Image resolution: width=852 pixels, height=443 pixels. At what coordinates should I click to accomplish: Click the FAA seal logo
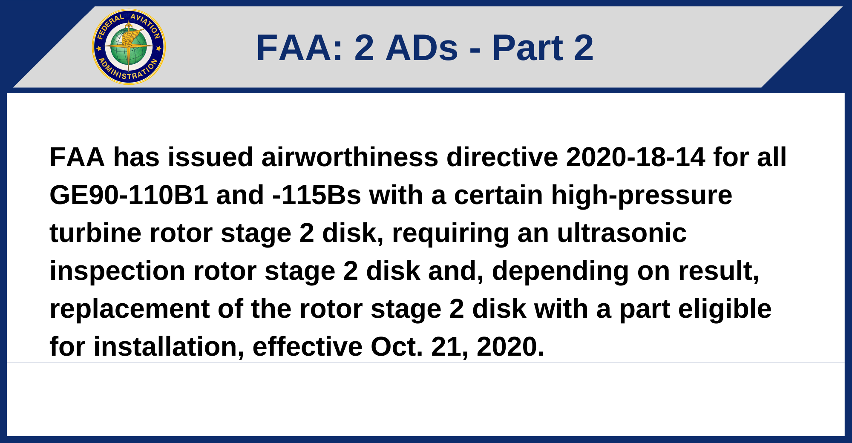(x=129, y=47)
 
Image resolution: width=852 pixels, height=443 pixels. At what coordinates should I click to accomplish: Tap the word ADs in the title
(x=422, y=48)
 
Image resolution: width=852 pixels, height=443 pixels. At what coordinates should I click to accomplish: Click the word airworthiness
(x=350, y=157)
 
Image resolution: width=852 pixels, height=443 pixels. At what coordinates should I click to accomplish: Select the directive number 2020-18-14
(x=636, y=157)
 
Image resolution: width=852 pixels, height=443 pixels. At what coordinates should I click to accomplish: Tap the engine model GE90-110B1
(x=129, y=195)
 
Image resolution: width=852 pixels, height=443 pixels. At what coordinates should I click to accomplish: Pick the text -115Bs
(x=317, y=195)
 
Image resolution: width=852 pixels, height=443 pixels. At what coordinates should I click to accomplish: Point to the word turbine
(x=95, y=233)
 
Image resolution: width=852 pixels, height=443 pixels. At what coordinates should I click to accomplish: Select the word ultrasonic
(x=622, y=233)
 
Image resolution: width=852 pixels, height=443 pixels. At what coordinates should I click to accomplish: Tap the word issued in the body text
(x=210, y=157)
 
